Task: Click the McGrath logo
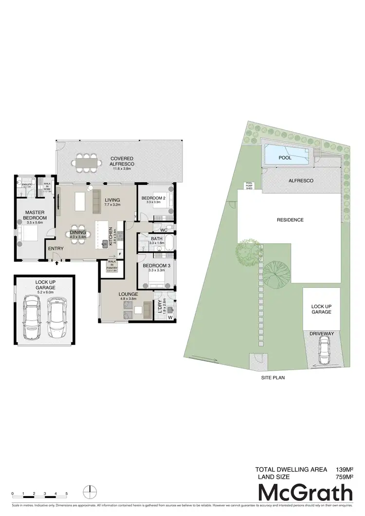click(x=305, y=492)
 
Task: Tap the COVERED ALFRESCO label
click(x=122, y=161)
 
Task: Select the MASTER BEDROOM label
click(x=35, y=215)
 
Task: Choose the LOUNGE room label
click(x=128, y=294)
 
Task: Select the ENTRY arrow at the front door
click(x=57, y=263)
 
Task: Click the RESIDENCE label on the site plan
click(x=290, y=220)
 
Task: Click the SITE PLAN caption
click(x=272, y=377)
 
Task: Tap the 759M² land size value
click(x=344, y=477)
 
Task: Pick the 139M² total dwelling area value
click(x=344, y=470)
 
